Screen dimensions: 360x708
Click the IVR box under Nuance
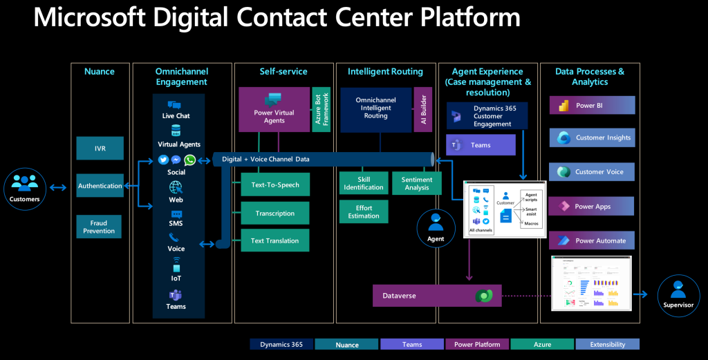[100, 149]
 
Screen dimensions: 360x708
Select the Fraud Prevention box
[99, 227]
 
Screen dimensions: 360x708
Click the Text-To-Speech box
[274, 184]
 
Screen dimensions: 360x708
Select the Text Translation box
[274, 240]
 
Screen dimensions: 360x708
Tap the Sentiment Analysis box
[417, 183]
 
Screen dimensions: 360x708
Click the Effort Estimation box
[364, 211]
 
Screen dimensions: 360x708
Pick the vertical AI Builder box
[423, 109]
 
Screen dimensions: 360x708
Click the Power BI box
[592, 106]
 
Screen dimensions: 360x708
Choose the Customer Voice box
[592, 172]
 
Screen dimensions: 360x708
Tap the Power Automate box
[592, 240]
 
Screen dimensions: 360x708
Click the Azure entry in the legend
[541, 344]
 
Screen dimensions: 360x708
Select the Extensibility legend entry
[607, 344]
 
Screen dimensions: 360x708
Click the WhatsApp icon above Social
[189, 160]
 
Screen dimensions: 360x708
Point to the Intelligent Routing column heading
[385, 71]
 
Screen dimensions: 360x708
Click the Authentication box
[100, 185]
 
